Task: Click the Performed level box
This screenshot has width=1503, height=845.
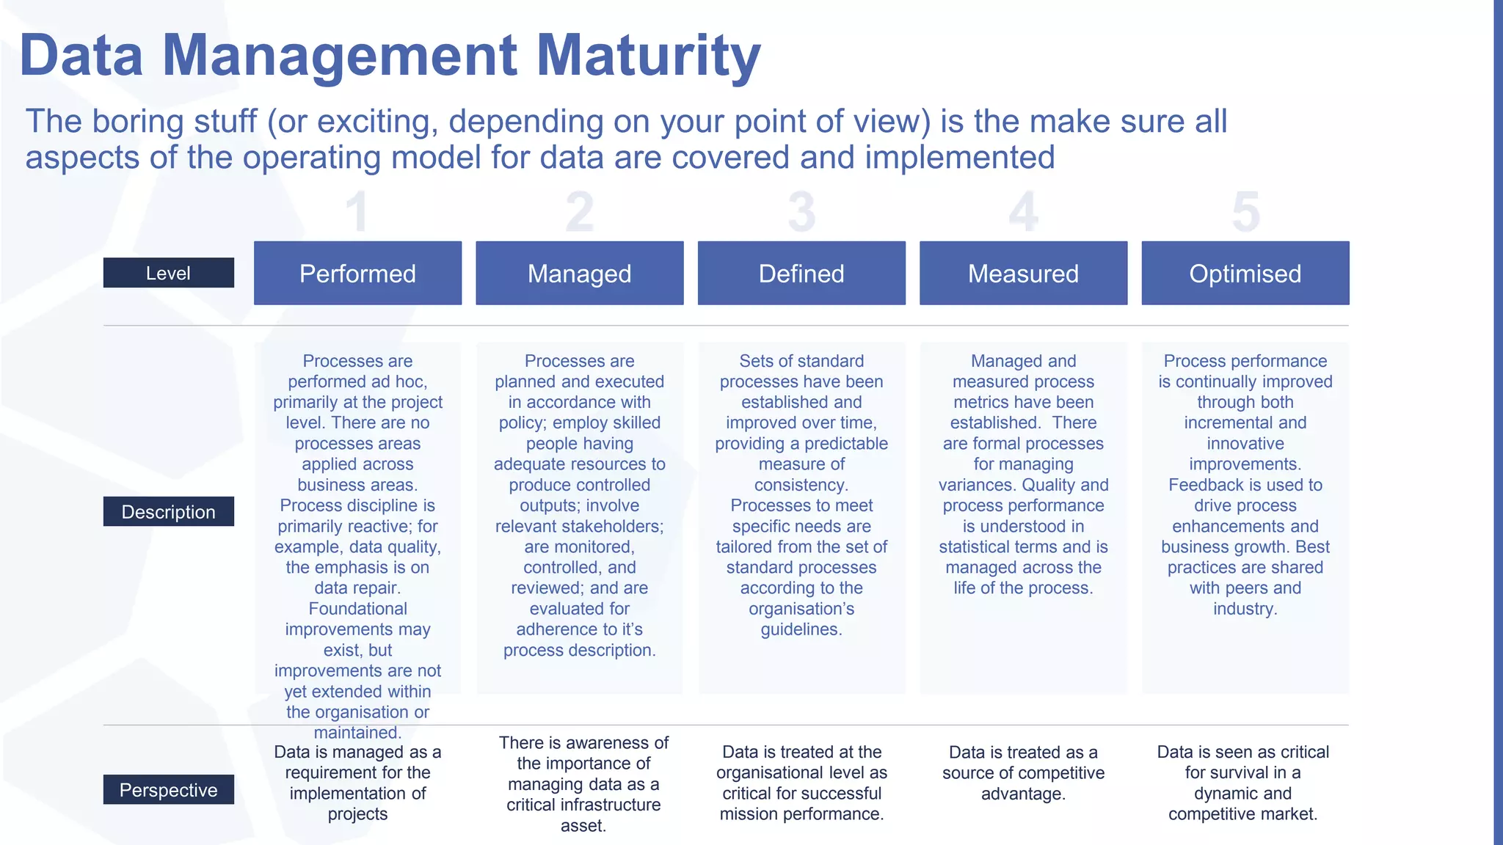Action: (x=357, y=273)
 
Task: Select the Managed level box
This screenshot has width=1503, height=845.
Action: (x=579, y=273)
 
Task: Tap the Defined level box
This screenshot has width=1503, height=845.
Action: (x=801, y=273)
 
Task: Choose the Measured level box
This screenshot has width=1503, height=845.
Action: (x=1023, y=273)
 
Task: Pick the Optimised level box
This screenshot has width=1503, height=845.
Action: (x=1245, y=273)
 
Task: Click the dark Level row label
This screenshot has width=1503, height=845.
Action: (x=168, y=273)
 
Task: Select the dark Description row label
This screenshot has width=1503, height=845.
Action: (x=168, y=511)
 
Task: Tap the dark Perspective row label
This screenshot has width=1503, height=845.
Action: (x=168, y=789)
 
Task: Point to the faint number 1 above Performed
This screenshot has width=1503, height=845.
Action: (x=357, y=213)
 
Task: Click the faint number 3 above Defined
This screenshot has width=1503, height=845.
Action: (x=801, y=213)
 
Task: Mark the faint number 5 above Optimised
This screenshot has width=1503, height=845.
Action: (x=1245, y=213)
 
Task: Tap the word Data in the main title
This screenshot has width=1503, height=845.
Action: (x=81, y=56)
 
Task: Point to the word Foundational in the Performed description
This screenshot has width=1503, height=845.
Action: (x=357, y=609)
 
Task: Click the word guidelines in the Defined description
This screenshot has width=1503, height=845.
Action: (x=800, y=629)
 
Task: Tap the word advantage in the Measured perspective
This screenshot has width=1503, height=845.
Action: (x=1022, y=794)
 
